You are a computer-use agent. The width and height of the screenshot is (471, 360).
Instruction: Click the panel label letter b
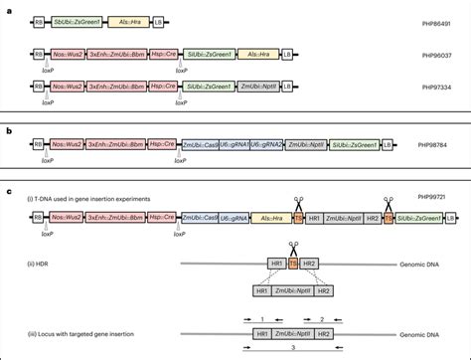[x=8, y=127]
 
